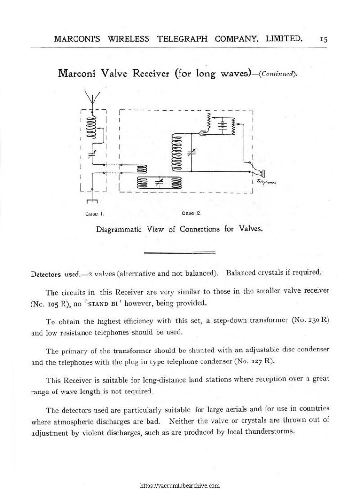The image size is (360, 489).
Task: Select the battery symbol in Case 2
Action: pos(222,126)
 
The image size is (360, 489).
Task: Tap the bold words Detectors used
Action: pos(54,275)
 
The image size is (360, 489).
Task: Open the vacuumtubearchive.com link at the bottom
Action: pos(180,484)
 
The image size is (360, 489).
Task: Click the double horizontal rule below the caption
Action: pos(180,252)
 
